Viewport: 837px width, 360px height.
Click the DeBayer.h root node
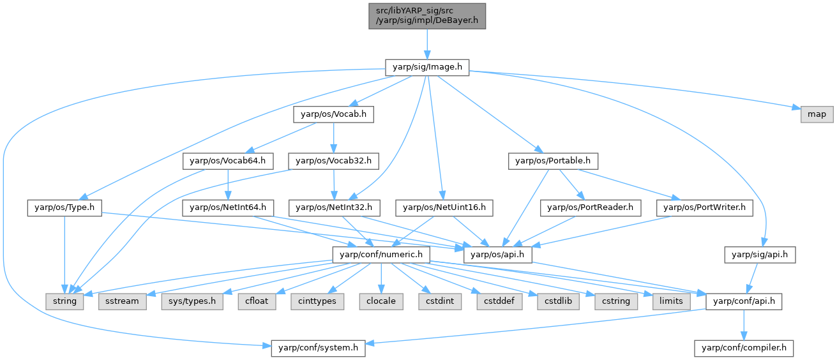click(426, 15)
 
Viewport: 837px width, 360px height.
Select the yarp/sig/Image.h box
click(426, 66)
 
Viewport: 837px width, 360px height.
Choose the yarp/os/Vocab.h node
click(333, 114)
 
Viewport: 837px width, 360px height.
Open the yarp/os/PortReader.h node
click(590, 207)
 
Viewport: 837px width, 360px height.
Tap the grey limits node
click(671, 301)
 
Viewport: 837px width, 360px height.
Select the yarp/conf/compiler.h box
click(744, 348)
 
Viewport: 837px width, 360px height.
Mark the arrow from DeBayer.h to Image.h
click(426, 43)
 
